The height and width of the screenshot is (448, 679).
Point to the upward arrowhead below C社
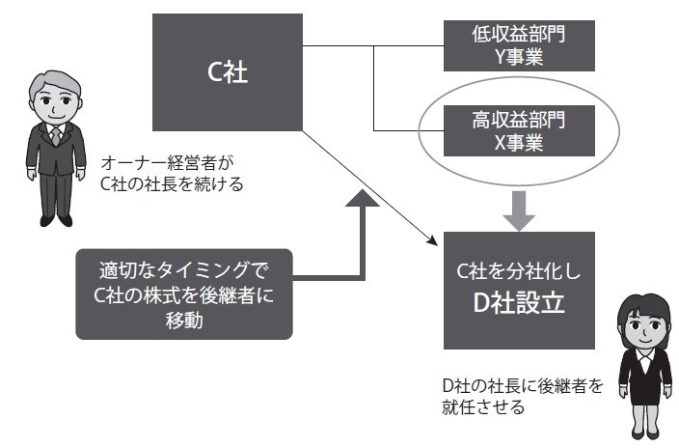364,201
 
